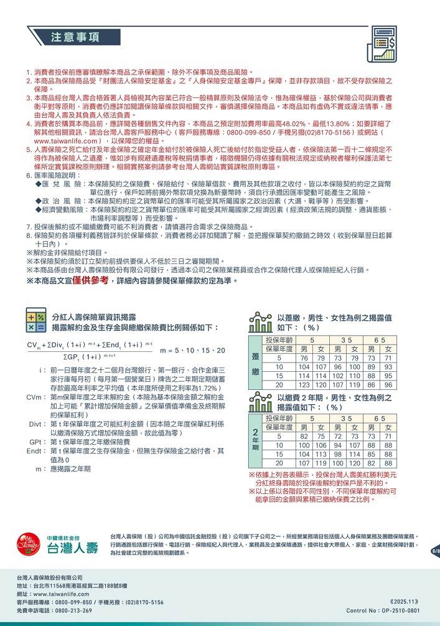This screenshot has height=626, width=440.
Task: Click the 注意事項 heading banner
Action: coord(75,37)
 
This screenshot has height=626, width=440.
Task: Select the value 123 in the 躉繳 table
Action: coord(304,384)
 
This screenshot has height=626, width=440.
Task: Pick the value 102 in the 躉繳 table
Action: coord(337,376)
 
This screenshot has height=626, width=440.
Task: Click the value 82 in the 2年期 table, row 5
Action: coord(304,437)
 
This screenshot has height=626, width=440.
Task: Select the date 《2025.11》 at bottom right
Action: coord(404,602)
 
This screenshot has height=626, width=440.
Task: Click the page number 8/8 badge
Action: coord(435,551)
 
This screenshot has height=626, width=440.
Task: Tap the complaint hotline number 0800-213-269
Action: coord(73,610)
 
